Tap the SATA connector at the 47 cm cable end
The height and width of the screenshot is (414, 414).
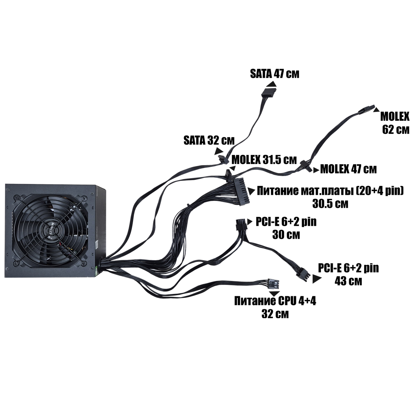click(x=269, y=93)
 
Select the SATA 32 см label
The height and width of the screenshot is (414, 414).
click(x=209, y=140)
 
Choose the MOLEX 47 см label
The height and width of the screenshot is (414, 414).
click(x=348, y=169)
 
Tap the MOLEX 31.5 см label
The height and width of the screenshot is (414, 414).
click(x=264, y=159)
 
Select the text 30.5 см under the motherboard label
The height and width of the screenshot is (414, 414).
click(x=330, y=204)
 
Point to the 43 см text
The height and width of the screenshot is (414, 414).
click(x=348, y=281)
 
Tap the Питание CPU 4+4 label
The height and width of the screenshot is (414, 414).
click(x=275, y=301)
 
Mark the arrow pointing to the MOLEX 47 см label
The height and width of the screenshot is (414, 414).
click(x=316, y=169)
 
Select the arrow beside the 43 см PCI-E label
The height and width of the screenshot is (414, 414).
click(x=317, y=279)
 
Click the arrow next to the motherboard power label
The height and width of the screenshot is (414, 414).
click(x=251, y=191)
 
